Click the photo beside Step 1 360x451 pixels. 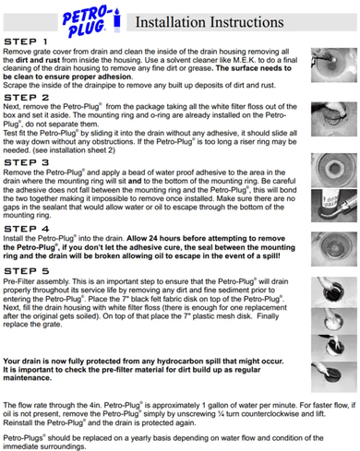(x=331, y=65)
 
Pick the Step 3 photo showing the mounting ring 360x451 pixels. (x=331, y=165)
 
